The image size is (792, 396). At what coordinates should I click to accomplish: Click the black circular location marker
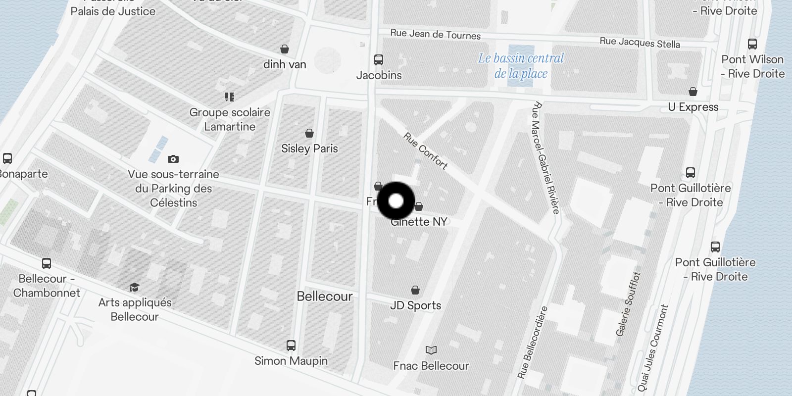tap(396, 201)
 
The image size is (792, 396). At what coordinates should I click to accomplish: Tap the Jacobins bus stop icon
tap(379, 60)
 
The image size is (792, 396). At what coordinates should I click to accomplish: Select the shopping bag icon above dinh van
tap(285, 49)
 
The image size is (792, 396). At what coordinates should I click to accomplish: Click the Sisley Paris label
tap(309, 148)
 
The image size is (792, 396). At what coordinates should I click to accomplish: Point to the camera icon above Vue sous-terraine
tap(173, 159)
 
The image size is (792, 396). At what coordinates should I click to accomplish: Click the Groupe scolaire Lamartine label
tap(230, 119)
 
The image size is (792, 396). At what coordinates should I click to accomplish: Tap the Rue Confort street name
tap(426, 150)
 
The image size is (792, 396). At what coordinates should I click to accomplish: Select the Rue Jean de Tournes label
tap(435, 34)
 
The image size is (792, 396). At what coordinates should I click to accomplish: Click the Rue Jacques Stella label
tap(640, 43)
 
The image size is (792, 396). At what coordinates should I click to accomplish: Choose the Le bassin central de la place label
tap(521, 66)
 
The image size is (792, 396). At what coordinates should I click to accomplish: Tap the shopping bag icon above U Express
tap(693, 92)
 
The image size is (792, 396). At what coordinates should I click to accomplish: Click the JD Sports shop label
tap(415, 305)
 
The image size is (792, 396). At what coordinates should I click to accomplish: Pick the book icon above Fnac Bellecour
tap(431, 350)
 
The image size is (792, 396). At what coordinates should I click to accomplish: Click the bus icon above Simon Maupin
tap(291, 345)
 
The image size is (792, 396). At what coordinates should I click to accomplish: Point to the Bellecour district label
tap(325, 296)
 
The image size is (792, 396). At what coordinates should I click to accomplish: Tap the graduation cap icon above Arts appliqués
tap(134, 287)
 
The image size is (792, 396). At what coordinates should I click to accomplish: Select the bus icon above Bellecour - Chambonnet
tap(47, 263)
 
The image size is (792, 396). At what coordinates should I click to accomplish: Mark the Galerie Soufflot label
tap(628, 304)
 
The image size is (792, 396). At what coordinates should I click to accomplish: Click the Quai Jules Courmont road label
tap(653, 347)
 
